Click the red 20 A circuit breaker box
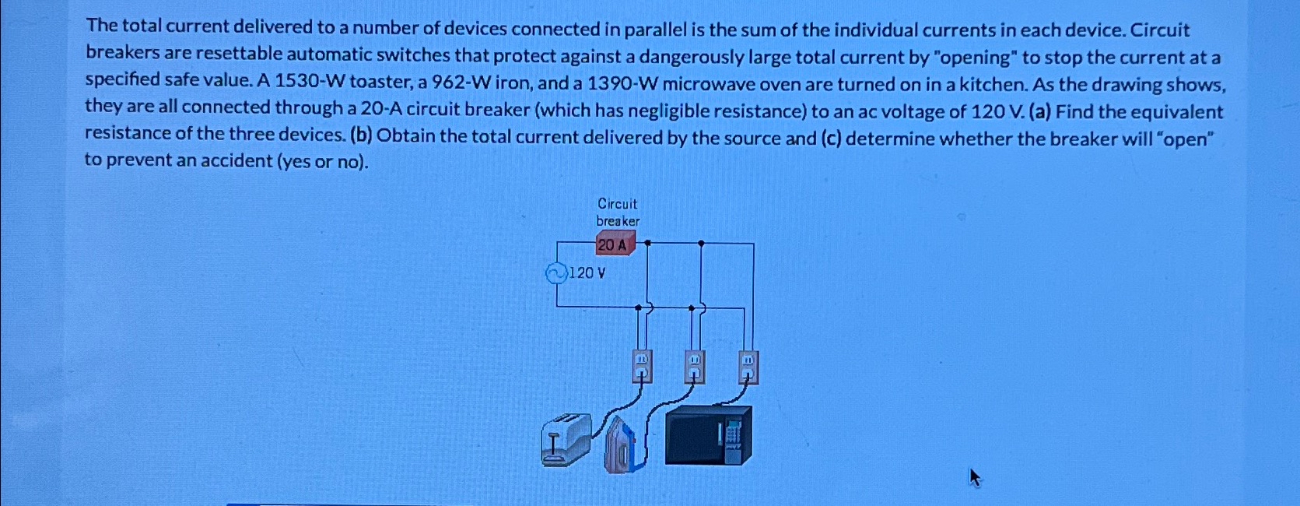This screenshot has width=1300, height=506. pyautogui.click(x=614, y=245)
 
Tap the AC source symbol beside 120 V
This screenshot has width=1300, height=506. pyautogui.click(x=555, y=273)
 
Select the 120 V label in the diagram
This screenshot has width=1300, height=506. pyautogui.click(x=587, y=273)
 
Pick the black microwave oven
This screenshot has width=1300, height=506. pyautogui.click(x=707, y=435)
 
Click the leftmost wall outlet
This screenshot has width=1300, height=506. pyautogui.click(x=641, y=367)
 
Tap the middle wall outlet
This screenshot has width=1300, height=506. pyautogui.click(x=694, y=367)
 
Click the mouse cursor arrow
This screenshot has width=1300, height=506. pyautogui.click(x=975, y=476)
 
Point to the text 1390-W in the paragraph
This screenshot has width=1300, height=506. pyautogui.click(x=622, y=84)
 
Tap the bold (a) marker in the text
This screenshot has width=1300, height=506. pyautogui.click(x=1039, y=112)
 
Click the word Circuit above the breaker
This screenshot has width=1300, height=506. pyautogui.click(x=617, y=204)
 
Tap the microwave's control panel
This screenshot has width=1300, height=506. pyautogui.click(x=733, y=436)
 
